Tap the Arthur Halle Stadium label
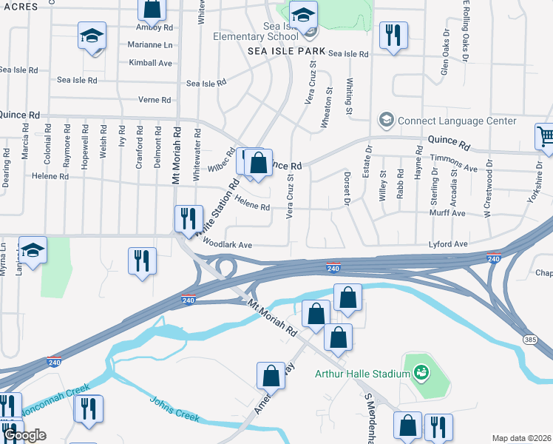pos(362,374)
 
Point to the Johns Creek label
pos(175,409)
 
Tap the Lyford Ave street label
pos(448,243)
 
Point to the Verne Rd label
pos(155,100)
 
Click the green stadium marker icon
pos(421,371)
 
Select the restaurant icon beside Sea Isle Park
pos(392,35)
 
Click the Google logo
pos(25,435)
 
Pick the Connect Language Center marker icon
pos(385,120)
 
